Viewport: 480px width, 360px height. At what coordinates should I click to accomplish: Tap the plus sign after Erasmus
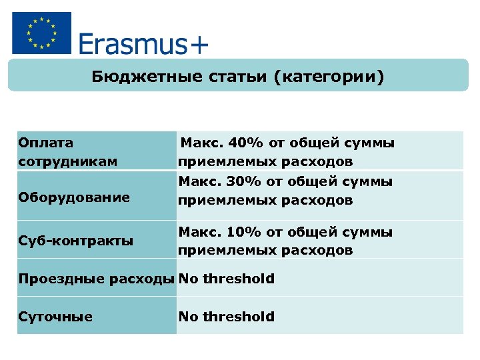tap(199, 45)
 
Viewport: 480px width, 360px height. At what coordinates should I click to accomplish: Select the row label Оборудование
tap(74, 197)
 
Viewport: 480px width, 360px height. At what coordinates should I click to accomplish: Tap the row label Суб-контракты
tap(75, 241)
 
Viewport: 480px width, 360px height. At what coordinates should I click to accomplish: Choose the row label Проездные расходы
tap(96, 279)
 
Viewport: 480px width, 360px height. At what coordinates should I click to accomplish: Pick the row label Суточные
tap(55, 317)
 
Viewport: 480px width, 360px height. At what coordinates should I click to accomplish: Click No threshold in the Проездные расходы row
tap(226, 279)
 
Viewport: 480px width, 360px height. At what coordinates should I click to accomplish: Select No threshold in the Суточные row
tap(226, 317)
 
